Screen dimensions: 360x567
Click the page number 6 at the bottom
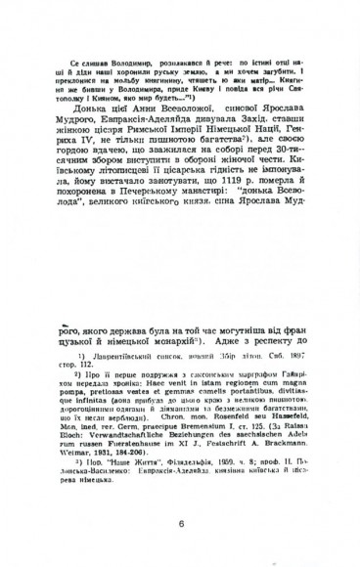click(182, 523)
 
